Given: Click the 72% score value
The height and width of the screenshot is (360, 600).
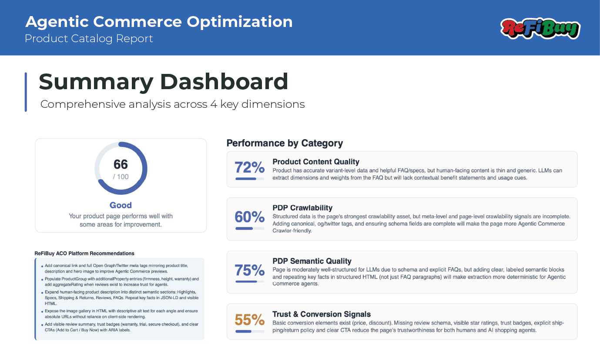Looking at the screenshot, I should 249,167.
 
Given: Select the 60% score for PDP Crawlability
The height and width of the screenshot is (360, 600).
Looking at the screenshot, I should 249,217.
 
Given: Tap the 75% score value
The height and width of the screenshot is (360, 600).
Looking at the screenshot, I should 249,270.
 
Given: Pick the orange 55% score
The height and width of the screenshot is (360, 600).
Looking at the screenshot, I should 249,320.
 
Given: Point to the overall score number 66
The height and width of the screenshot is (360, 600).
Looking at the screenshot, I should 121,164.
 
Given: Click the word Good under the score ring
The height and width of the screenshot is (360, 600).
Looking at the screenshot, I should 121,205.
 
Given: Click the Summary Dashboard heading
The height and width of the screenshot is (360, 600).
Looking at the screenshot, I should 164,82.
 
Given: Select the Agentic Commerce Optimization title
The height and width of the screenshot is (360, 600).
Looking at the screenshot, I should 159,22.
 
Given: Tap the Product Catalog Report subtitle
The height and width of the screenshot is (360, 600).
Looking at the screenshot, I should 89,39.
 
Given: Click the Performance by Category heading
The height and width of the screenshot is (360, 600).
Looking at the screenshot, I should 285,143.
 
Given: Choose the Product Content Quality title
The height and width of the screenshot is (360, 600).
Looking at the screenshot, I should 316,162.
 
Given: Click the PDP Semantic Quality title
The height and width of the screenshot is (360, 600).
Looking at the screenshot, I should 312,261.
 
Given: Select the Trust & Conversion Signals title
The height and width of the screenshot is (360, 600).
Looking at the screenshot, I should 322,314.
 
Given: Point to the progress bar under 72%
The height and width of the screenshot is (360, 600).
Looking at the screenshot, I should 249,178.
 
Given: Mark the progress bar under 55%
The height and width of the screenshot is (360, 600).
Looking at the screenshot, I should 249,331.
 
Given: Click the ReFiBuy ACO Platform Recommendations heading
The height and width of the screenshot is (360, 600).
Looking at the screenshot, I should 84,253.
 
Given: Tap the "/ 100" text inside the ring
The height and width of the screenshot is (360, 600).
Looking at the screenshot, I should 121,177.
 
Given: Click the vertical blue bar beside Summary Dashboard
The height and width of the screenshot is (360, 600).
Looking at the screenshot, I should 26,92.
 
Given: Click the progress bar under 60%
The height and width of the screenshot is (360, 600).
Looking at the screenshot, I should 249,228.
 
